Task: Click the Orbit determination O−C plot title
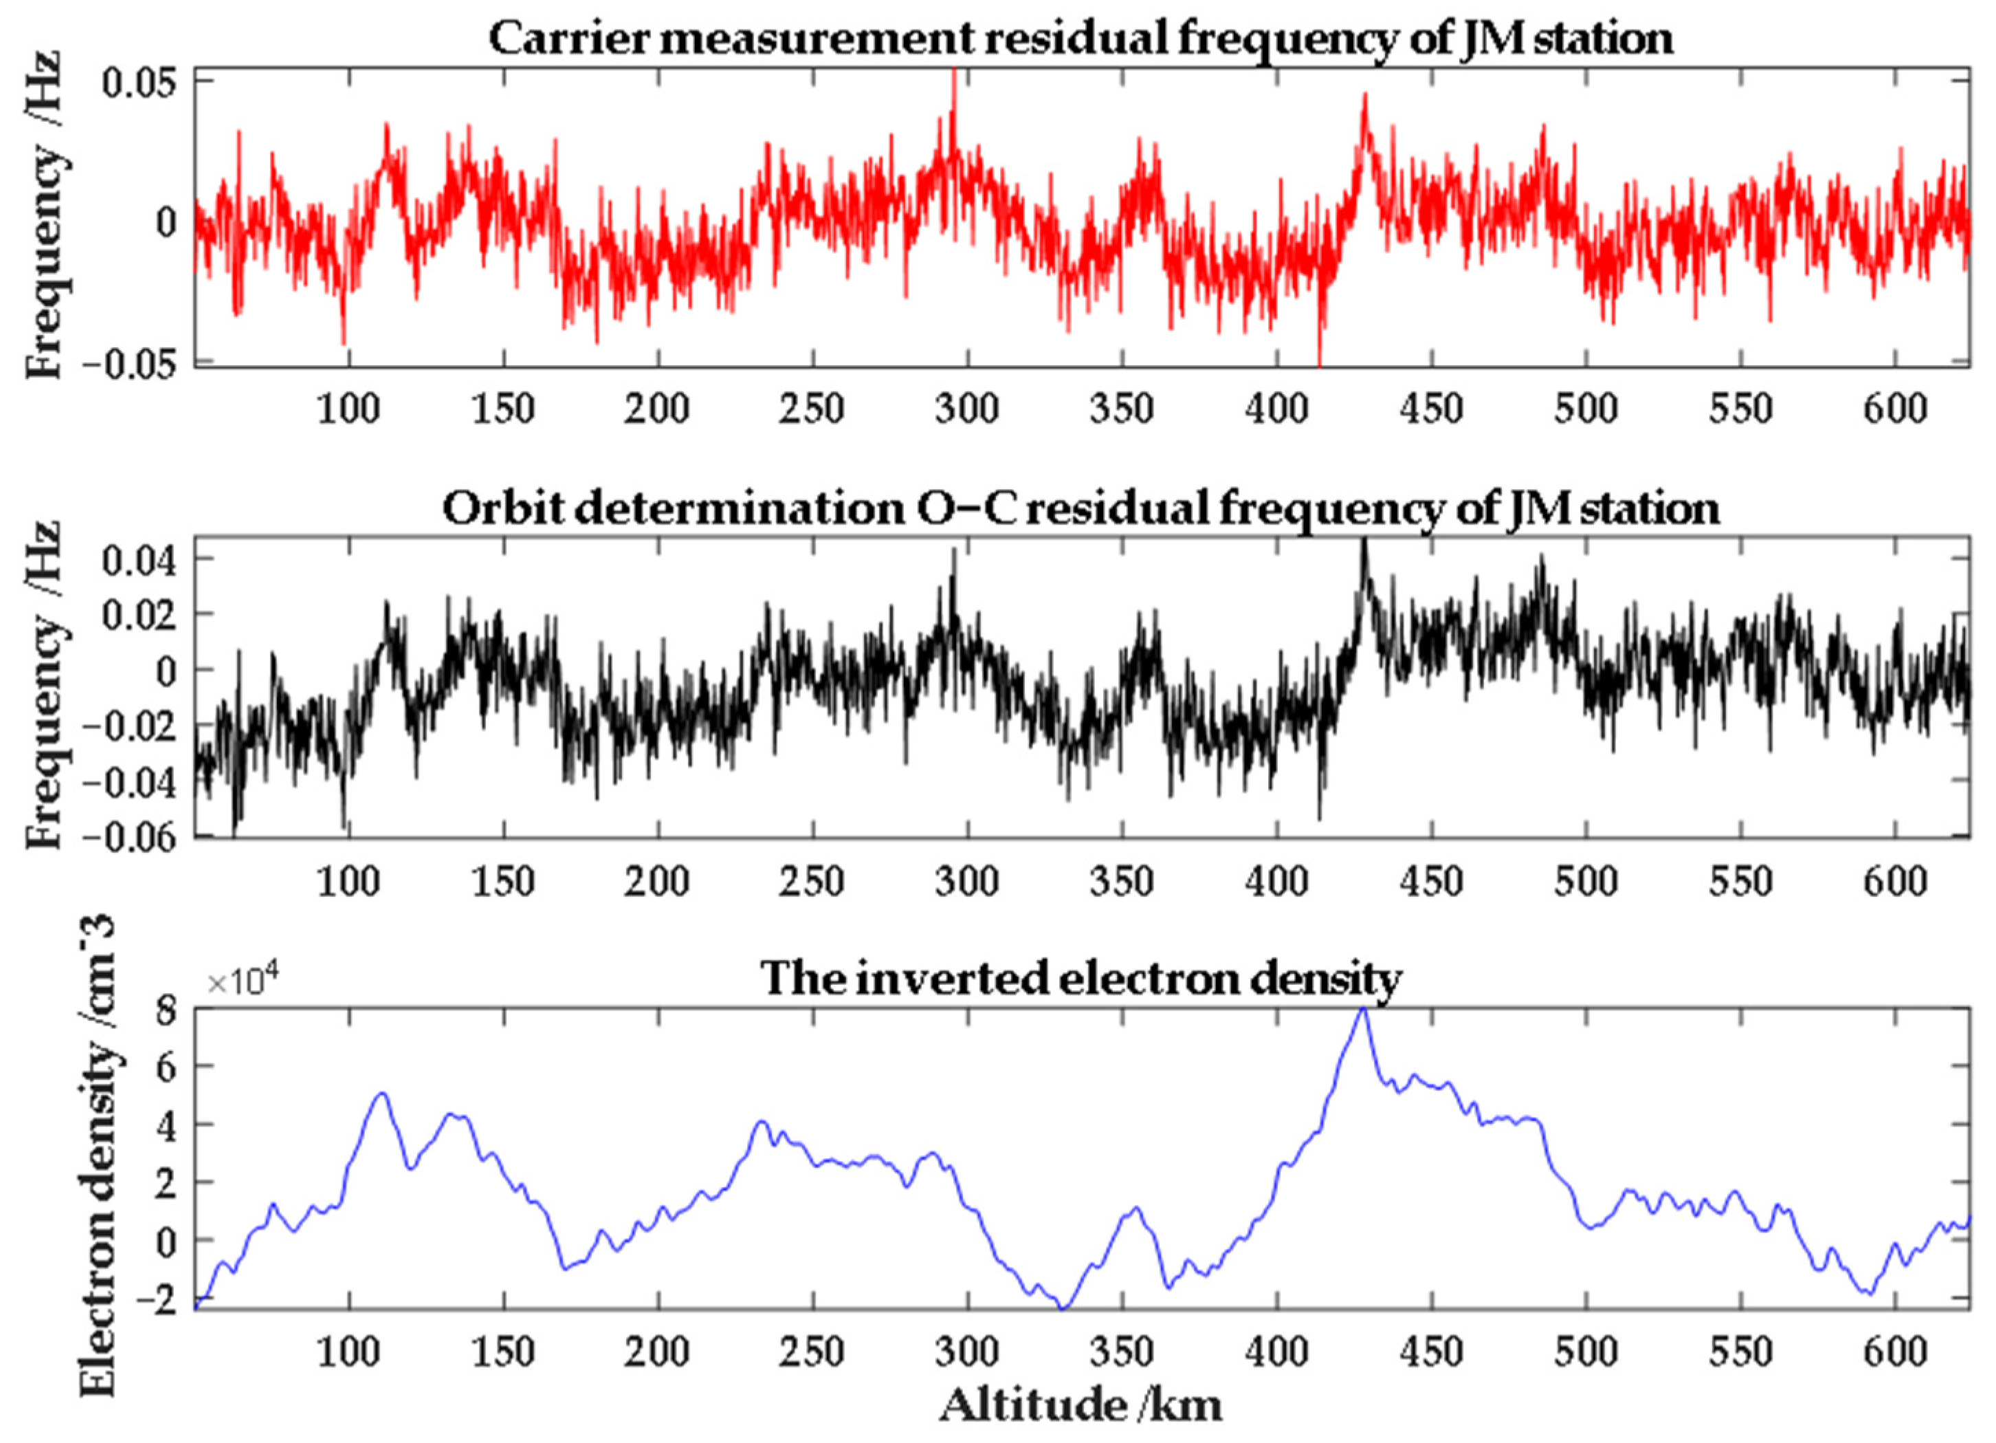[1080, 509]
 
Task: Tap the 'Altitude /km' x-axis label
[1080, 1405]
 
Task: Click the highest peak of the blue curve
[1362, 1010]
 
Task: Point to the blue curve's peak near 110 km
[382, 1094]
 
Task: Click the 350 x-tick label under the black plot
[1121, 881]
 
